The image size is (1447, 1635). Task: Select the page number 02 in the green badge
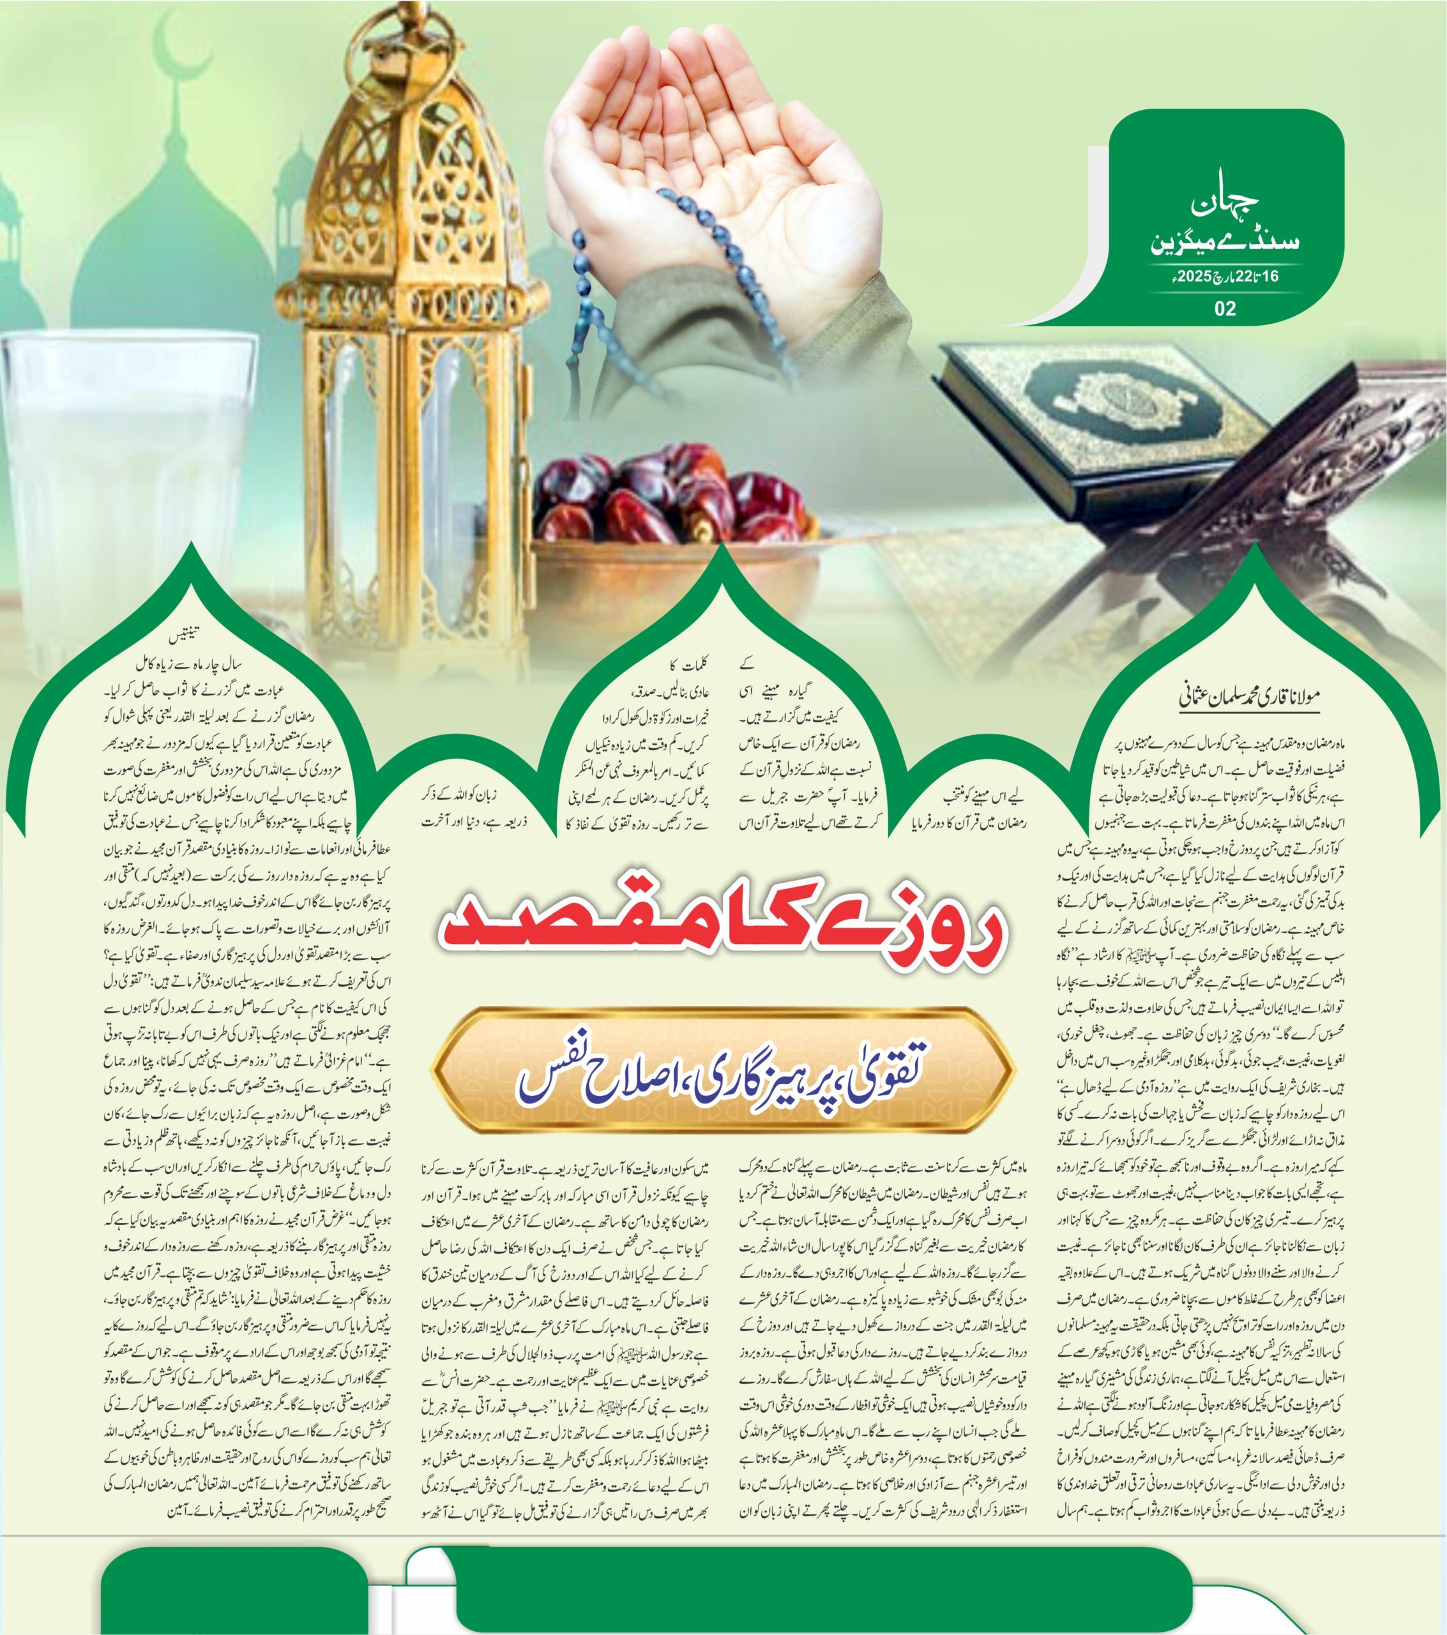[x=1225, y=308]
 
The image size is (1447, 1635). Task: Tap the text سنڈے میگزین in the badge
[x=1224, y=241]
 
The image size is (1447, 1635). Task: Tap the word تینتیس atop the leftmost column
[x=183, y=637]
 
